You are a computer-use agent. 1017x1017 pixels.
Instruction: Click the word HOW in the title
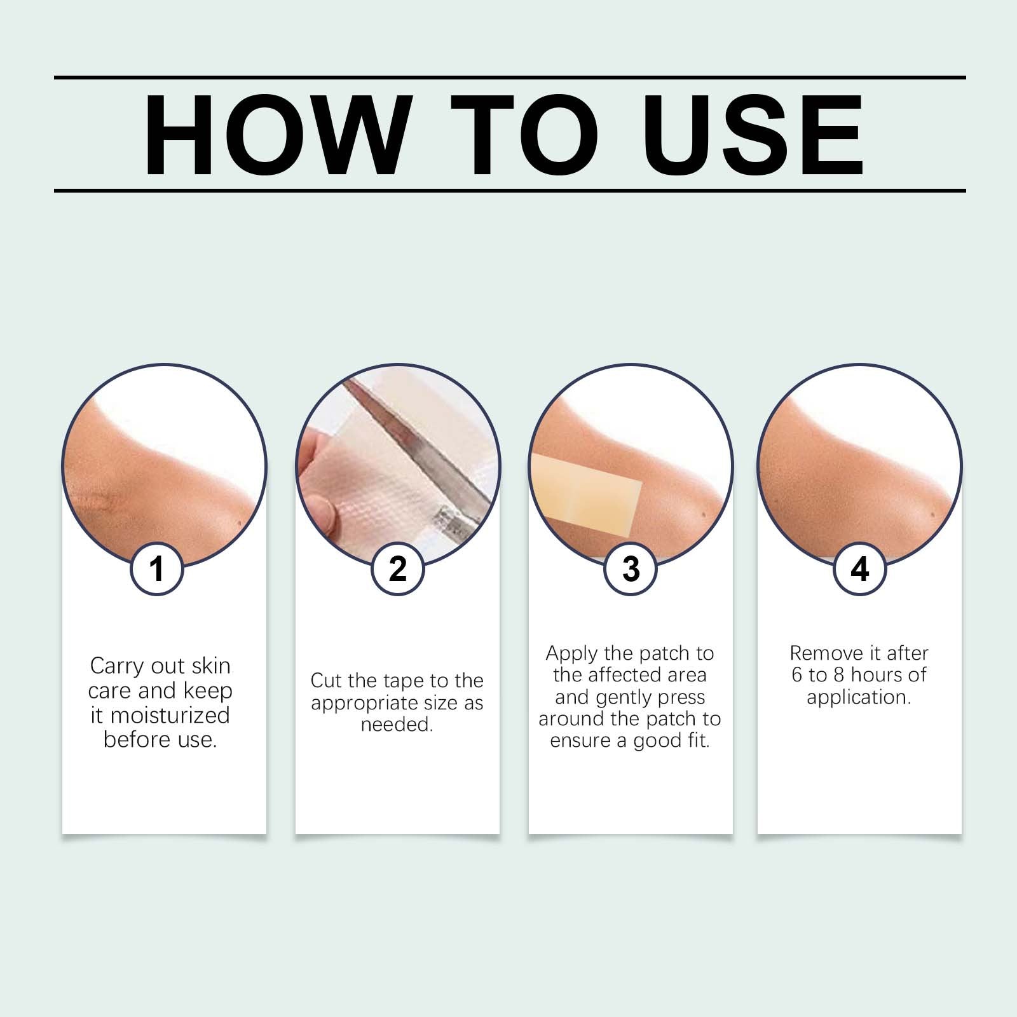pyautogui.click(x=275, y=135)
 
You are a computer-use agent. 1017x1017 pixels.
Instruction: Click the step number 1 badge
pyautogui.click(x=157, y=569)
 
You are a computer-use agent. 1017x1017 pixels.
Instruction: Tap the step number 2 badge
pyautogui.click(x=397, y=569)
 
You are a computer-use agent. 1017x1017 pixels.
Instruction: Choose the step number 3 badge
pyautogui.click(x=631, y=569)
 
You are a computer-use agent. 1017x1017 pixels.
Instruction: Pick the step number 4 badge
pyautogui.click(x=859, y=569)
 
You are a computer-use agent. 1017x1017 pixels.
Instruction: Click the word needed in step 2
pyautogui.click(x=397, y=725)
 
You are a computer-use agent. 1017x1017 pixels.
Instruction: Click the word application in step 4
pyautogui.click(x=859, y=698)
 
